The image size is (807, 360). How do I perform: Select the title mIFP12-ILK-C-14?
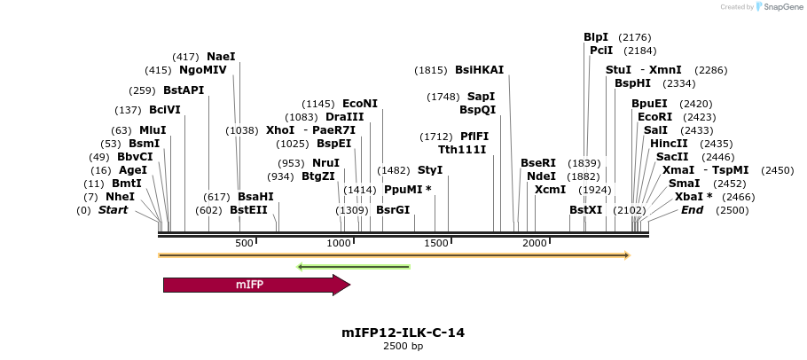click(x=403, y=333)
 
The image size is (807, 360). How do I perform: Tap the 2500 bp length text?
click(x=403, y=346)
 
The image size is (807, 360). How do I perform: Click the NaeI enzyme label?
click(x=221, y=57)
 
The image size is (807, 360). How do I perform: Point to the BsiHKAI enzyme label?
click(x=479, y=70)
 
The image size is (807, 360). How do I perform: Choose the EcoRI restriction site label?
click(x=654, y=117)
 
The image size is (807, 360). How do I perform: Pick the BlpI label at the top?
click(x=596, y=37)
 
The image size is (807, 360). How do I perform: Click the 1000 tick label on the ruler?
click(x=340, y=244)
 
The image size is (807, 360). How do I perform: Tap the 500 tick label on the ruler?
click(x=244, y=244)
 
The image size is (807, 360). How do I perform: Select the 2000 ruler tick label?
click(x=534, y=244)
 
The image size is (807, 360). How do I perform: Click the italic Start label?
click(x=113, y=210)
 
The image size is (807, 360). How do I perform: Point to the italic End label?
click(x=692, y=210)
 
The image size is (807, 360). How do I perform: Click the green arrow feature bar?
click(x=354, y=266)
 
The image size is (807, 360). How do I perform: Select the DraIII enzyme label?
click(x=344, y=117)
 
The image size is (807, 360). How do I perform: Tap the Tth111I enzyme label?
click(x=462, y=150)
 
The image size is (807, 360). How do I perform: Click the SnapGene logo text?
click(x=781, y=7)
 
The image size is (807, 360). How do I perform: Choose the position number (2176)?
click(x=635, y=37)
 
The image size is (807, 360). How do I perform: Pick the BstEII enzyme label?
click(x=248, y=210)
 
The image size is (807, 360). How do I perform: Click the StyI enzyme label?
click(x=430, y=169)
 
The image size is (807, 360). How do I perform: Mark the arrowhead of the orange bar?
click(x=626, y=255)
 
